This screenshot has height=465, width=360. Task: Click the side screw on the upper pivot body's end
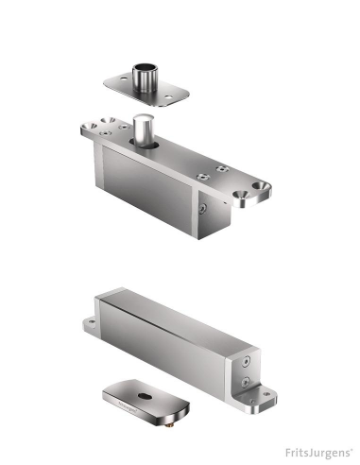coord(202,206)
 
